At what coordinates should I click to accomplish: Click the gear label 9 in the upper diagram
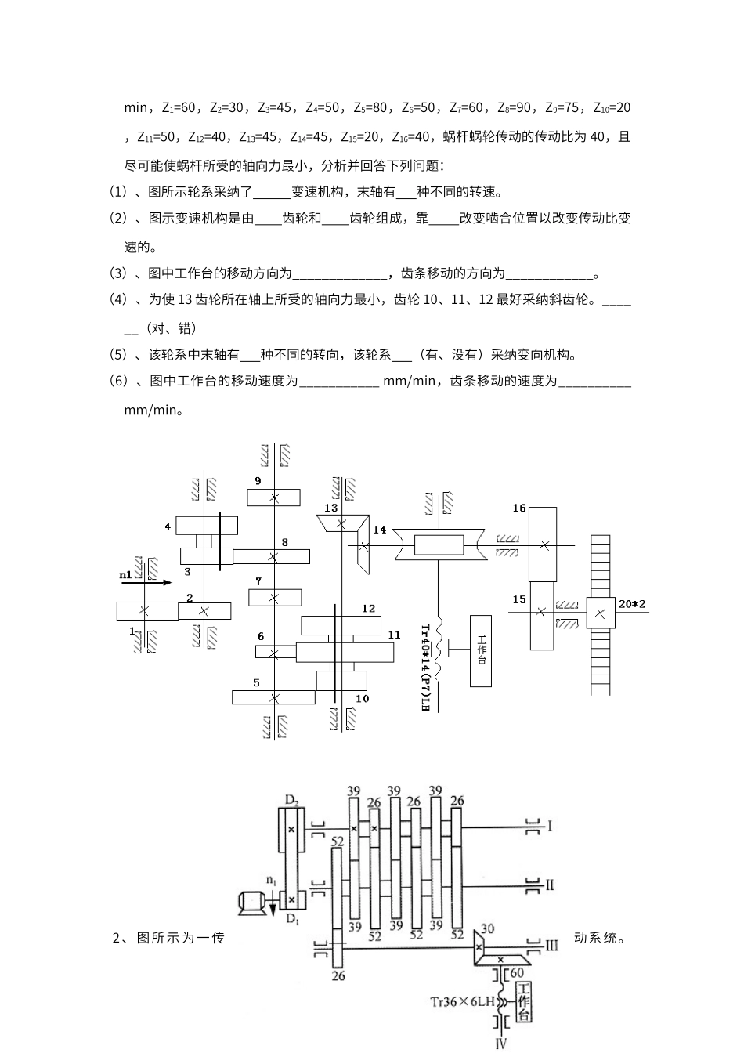coord(258,480)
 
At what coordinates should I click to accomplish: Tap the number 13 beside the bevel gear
coord(331,508)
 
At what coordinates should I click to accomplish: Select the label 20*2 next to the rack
coord(632,603)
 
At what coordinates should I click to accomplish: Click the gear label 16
coord(518,508)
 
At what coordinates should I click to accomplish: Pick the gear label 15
coord(518,599)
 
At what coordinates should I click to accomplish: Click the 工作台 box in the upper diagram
coord(481,650)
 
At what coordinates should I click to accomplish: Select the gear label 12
coord(368,608)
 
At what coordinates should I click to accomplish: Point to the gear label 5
coord(256,682)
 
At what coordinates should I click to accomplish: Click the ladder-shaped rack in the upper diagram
coord(600,615)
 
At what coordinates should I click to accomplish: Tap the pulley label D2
coord(291,800)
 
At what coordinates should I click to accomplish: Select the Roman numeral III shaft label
coord(551,945)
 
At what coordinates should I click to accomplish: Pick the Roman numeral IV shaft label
coord(501,1043)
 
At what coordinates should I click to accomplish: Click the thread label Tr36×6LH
coord(459,1001)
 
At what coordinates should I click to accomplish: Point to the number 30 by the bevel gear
coord(487,929)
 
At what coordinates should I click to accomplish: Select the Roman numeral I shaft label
coord(550,826)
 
